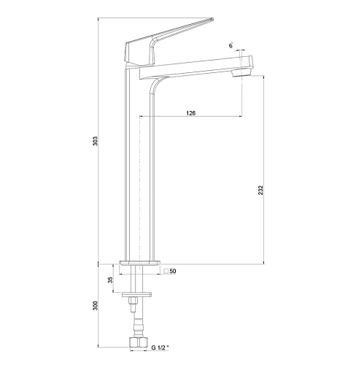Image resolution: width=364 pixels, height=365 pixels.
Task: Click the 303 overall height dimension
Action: coord(96,141)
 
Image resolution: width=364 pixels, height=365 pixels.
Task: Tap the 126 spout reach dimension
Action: coord(191,113)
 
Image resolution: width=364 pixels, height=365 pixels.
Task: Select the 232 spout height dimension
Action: coord(260,190)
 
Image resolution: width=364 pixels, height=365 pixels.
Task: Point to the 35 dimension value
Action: coord(111,280)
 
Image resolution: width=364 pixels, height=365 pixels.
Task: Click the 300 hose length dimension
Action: coord(96,306)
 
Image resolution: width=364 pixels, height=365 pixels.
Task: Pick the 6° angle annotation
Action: coord(231,46)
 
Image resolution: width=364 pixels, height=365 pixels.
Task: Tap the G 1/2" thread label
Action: coord(160,347)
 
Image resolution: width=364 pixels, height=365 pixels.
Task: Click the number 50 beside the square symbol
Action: coord(173,271)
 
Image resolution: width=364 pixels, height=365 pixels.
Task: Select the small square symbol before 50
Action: coord(166,271)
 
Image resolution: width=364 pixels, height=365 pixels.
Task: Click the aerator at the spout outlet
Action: coord(241,72)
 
